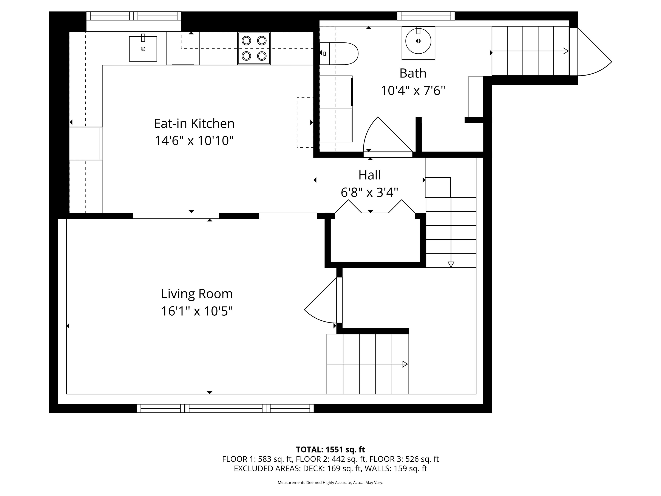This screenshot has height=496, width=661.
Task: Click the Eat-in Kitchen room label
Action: pyautogui.click(x=194, y=124)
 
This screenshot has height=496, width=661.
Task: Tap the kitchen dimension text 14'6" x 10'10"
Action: pyautogui.click(x=194, y=141)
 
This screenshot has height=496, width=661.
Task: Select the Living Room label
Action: pyautogui.click(x=197, y=294)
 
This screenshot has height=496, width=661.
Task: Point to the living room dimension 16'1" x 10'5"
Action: pyautogui.click(x=197, y=311)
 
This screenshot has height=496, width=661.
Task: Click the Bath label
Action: pyautogui.click(x=413, y=73)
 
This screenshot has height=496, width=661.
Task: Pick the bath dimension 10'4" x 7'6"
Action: pyautogui.click(x=413, y=90)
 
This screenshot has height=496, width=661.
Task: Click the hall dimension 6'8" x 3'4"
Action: pyautogui.click(x=369, y=192)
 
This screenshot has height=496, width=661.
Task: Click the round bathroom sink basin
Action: pyautogui.click(x=418, y=41)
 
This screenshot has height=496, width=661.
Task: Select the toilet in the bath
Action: pyautogui.click(x=341, y=54)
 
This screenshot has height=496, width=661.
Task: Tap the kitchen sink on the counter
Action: pyautogui.click(x=143, y=49)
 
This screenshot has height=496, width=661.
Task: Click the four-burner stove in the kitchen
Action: pyautogui.click(x=254, y=48)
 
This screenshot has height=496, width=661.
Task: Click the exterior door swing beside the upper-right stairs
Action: pyautogui.click(x=593, y=57)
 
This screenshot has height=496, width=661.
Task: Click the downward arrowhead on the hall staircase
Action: pyautogui.click(x=451, y=264)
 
